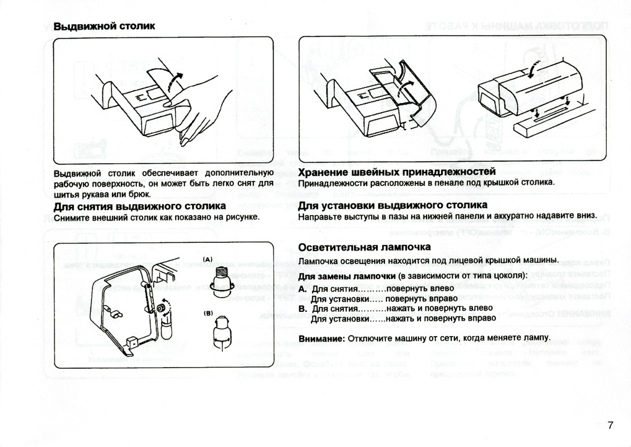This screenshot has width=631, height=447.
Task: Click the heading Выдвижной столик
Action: coord(104,27)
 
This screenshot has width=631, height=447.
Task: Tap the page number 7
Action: coord(610,425)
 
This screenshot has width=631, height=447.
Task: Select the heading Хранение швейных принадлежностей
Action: coord(397,172)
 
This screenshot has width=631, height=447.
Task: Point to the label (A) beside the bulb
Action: coord(207,259)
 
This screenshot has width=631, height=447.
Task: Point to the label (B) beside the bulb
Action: coord(207,314)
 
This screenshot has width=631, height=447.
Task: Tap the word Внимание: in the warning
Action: coord(321,339)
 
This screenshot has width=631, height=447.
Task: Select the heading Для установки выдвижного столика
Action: coord(393,205)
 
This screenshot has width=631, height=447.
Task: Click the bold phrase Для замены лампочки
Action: coord(347,275)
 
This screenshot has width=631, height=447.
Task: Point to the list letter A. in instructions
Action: coord(303,289)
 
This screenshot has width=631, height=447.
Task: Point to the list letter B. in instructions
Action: coord(303,308)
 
